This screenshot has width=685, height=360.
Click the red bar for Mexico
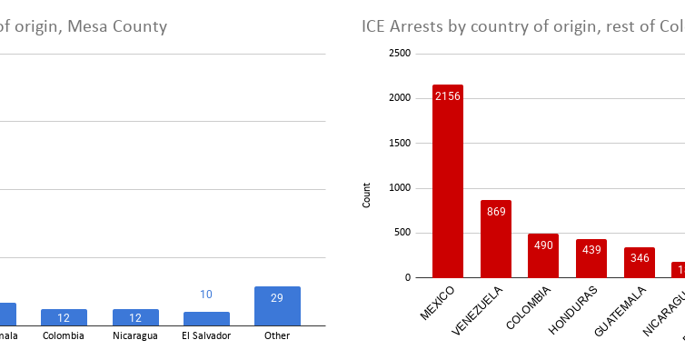pos(447,182)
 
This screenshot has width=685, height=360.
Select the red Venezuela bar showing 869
pos(495,239)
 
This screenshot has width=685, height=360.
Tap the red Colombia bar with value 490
pos(543,255)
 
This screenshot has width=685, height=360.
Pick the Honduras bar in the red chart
pos(591,258)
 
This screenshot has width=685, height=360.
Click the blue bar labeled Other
pos(277,306)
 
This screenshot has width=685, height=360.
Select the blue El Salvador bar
pos(206,318)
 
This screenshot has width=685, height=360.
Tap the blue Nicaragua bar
pos(135,317)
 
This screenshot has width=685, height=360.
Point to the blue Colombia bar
pos(64,317)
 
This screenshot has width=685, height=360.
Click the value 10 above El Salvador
pos(206,295)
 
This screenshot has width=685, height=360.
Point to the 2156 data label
pos(447,96)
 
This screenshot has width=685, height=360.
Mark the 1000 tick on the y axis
pos(401,188)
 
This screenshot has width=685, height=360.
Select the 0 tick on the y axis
pos(409,277)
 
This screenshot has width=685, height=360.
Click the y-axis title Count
pos(367,195)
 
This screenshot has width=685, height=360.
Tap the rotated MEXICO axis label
pos(437,305)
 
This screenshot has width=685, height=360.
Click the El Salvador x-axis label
pos(206,335)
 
